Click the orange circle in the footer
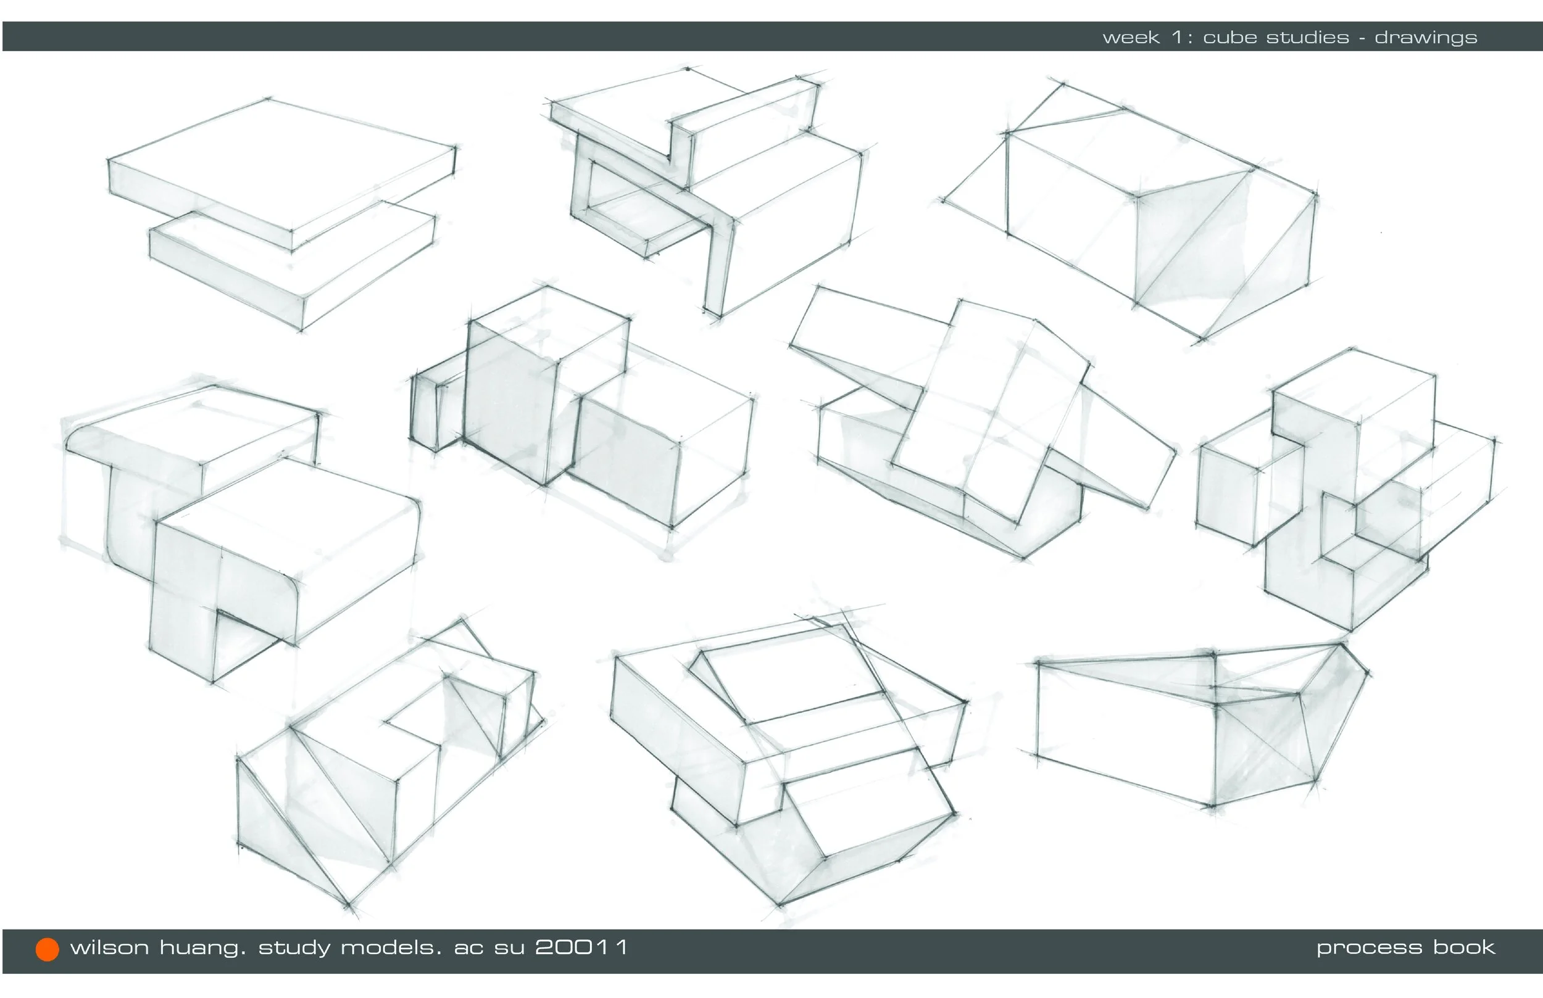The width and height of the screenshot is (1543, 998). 48,949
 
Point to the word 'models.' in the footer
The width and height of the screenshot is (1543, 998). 391,947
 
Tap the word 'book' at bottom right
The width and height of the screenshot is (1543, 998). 1464,947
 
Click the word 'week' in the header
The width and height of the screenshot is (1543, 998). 1131,38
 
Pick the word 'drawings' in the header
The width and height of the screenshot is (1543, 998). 1426,38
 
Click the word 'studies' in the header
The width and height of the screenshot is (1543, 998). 1308,38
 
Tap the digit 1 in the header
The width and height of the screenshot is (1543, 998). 1178,38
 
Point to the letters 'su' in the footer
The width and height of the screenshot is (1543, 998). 510,949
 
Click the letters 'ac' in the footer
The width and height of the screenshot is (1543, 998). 468,949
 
